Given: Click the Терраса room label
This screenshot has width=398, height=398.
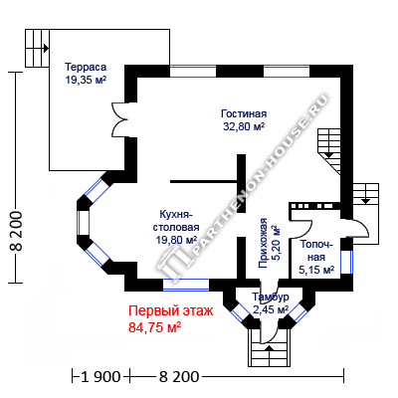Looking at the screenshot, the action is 86,67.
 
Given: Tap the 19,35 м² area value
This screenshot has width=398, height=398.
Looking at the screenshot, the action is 86,81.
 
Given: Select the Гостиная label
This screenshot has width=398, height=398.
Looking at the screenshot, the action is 244,113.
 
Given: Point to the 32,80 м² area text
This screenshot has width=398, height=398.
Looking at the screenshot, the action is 244,126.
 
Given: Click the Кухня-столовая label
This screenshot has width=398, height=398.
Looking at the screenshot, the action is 176,221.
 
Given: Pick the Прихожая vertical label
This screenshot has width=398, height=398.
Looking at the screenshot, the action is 264,243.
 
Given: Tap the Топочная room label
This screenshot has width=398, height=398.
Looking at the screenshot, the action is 316,251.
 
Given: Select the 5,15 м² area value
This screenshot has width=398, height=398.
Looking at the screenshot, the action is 316,270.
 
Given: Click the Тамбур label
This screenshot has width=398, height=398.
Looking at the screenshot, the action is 271,297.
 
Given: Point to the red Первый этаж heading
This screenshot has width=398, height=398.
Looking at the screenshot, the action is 171,311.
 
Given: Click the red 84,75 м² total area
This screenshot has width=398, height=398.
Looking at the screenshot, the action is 154,327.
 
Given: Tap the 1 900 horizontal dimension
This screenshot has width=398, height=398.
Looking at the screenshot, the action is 100,377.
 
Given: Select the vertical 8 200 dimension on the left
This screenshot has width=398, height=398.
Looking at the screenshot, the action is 16,231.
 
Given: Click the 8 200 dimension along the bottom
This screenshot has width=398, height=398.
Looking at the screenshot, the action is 179,377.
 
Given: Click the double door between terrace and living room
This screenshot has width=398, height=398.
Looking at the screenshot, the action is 119,119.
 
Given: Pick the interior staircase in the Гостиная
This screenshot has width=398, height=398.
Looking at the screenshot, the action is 329,151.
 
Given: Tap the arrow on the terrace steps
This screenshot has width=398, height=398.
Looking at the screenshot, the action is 46,48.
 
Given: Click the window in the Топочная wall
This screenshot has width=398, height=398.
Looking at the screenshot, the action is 346,262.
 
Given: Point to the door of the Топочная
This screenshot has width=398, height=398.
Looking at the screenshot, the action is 301,228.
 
